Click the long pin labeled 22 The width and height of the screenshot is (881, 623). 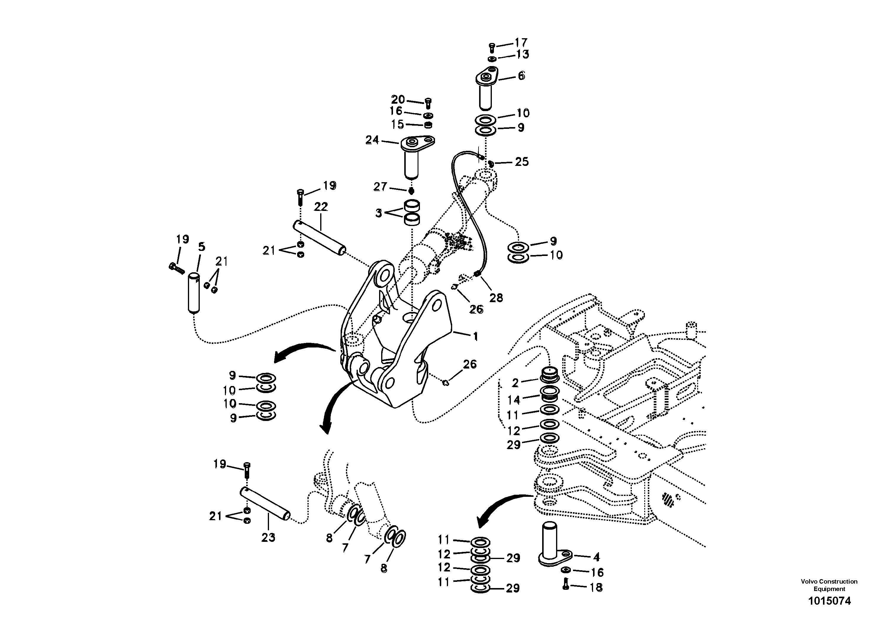point(320,237)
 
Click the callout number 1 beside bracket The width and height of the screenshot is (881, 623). point(475,337)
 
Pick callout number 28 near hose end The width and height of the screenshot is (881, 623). point(496,298)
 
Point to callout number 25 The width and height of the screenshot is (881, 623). point(521,162)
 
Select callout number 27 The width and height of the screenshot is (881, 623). point(380,187)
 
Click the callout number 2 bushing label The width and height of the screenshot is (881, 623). point(515,382)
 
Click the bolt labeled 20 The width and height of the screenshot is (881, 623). point(428,103)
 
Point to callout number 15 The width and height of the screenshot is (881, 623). point(397,124)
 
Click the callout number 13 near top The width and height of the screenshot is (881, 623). point(522,55)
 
